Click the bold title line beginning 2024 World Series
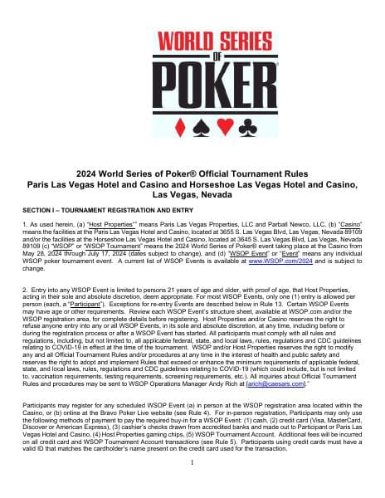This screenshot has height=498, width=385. coord(192,173)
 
